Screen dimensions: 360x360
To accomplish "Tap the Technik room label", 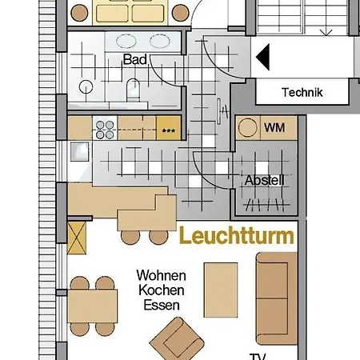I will coord(302,93).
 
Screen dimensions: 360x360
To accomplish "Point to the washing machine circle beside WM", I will coord(250,128).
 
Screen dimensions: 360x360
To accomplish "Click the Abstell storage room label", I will coord(264,181).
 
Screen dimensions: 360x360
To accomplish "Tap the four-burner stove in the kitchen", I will coord(105,126).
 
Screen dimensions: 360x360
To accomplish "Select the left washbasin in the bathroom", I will coord(126,42).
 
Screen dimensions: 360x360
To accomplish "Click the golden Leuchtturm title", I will coord(236,237).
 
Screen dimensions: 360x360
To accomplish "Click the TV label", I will coord(258,355).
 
